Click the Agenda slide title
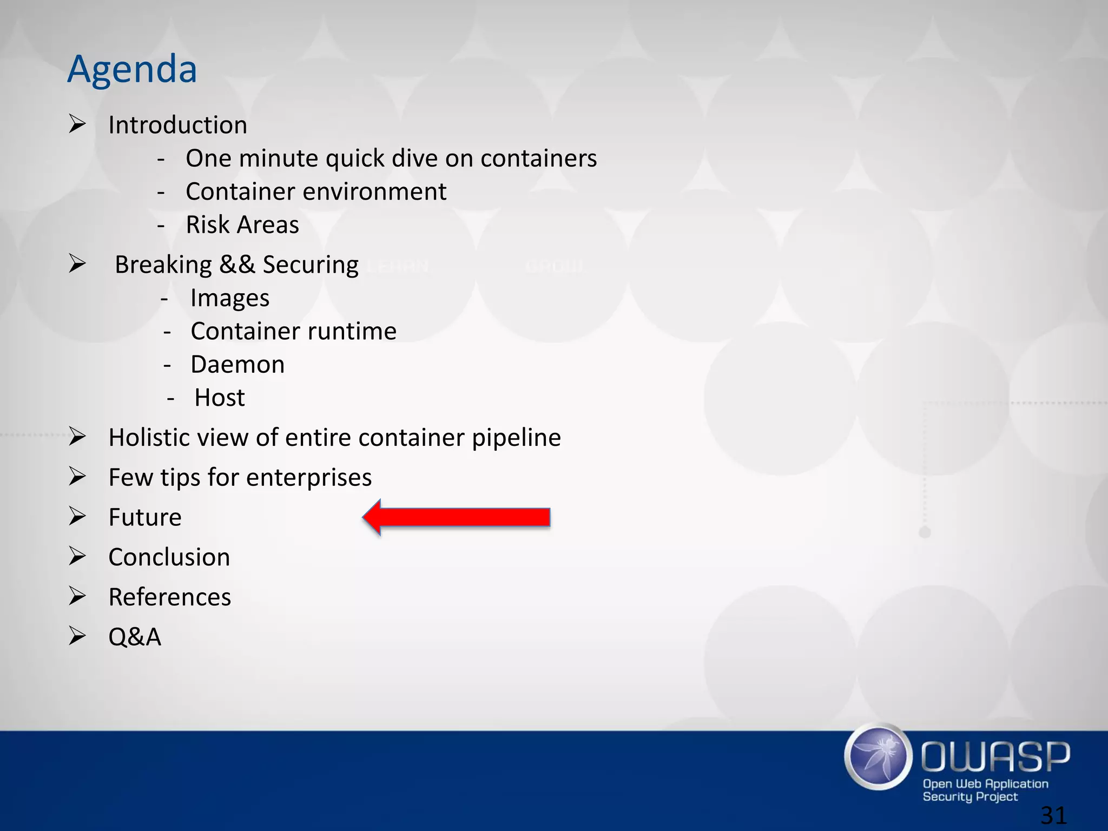click(132, 69)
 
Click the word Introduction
click(177, 125)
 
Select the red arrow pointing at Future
click(457, 518)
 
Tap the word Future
click(145, 517)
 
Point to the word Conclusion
click(169, 557)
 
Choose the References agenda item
click(169, 597)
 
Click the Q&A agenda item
click(135, 637)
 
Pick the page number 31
click(1053, 815)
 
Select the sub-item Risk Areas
click(242, 225)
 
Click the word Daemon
click(238, 365)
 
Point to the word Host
click(219, 398)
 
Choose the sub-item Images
click(230, 298)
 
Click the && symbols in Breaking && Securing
click(237, 265)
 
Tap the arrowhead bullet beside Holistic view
click(77, 437)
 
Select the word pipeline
click(516, 438)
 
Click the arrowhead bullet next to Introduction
click(77, 124)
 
